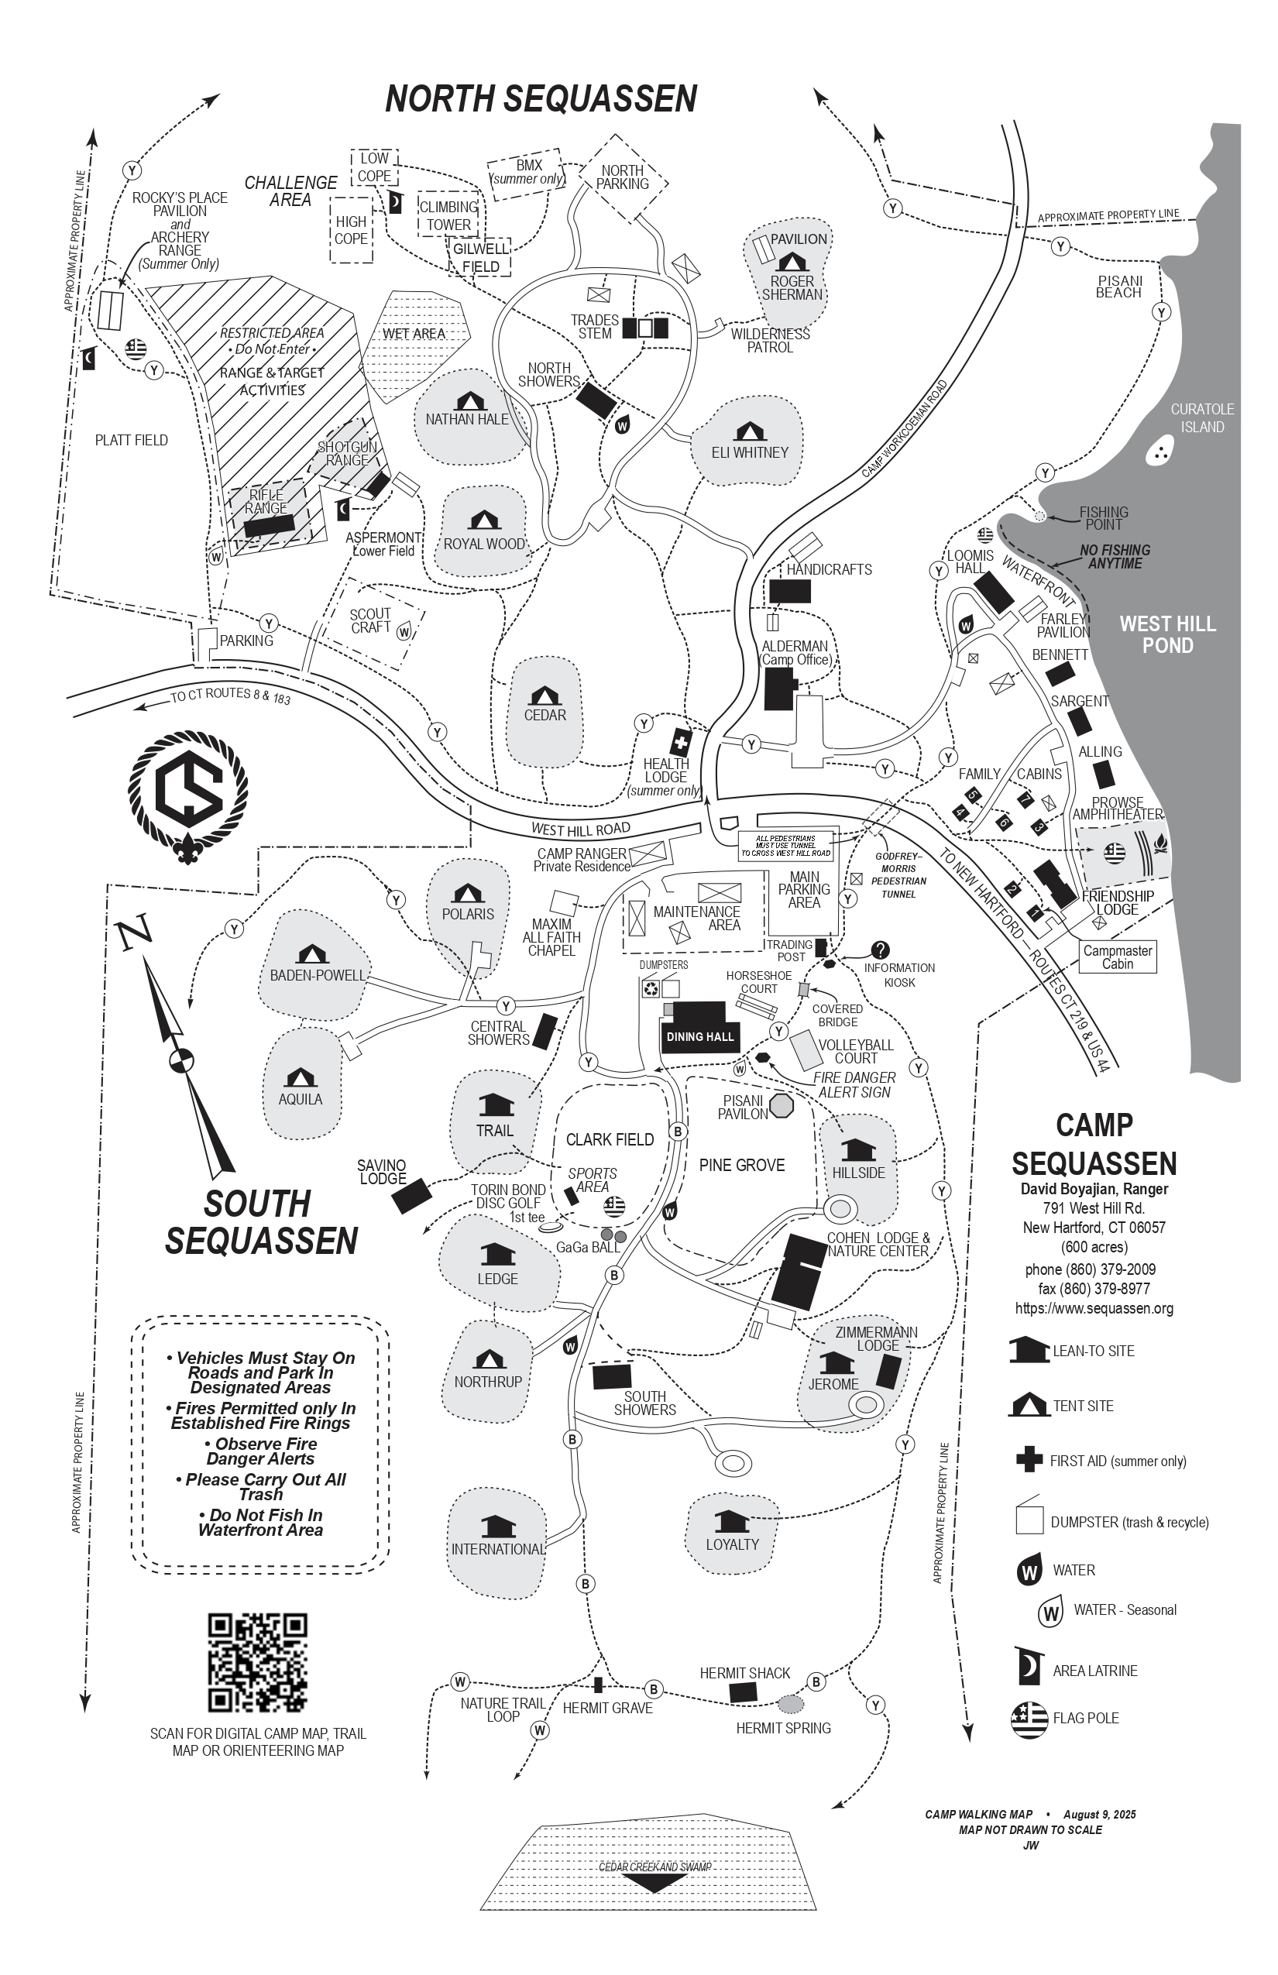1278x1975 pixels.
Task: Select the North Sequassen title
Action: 541,99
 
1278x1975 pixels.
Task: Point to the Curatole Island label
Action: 1201,418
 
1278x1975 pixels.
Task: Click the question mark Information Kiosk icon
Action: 881,950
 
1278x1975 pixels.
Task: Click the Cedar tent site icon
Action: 545,696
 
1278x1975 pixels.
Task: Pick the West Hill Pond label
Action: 1168,635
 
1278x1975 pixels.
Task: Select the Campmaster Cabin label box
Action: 1117,957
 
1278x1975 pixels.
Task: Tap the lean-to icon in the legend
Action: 1029,1349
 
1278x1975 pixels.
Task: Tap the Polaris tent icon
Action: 468,894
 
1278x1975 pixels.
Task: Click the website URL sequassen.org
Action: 1094,1309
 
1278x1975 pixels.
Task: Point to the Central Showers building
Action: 545,1031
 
